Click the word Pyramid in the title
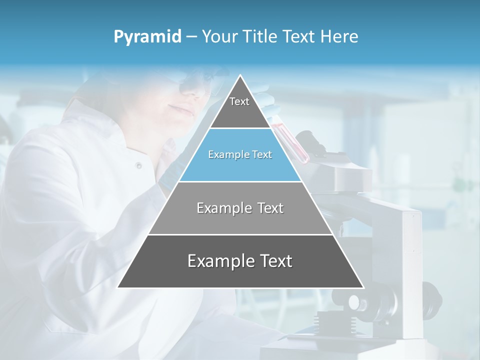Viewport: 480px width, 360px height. pyautogui.click(x=147, y=37)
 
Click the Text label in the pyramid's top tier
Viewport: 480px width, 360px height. pyautogui.click(x=239, y=101)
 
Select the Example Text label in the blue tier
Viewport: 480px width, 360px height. pyautogui.click(x=240, y=154)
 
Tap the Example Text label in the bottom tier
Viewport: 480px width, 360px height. pyautogui.click(x=240, y=261)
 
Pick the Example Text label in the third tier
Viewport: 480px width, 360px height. pyautogui.click(x=240, y=208)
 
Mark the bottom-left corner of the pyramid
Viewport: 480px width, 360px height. pyautogui.click(x=118, y=287)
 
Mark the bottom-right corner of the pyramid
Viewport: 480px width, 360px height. pyautogui.click(x=363, y=287)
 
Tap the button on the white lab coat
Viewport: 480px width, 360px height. pyautogui.click(x=138, y=165)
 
